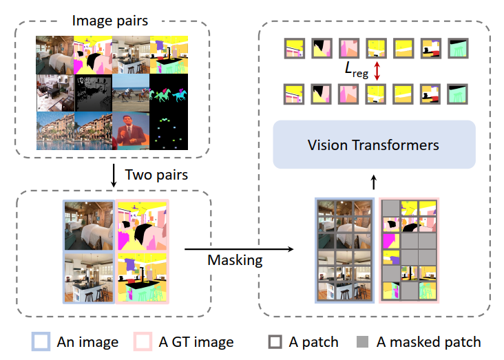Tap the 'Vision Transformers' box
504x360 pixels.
pyautogui.click(x=375, y=145)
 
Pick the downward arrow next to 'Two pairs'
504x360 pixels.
pyautogui.click(x=113, y=175)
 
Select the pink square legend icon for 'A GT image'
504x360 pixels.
pyautogui.click(x=143, y=341)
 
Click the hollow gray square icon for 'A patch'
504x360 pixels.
pyautogui.click(x=275, y=341)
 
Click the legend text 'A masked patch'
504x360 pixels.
pyautogui.click(x=429, y=341)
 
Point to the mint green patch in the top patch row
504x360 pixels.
pyautogui.click(x=458, y=47)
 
